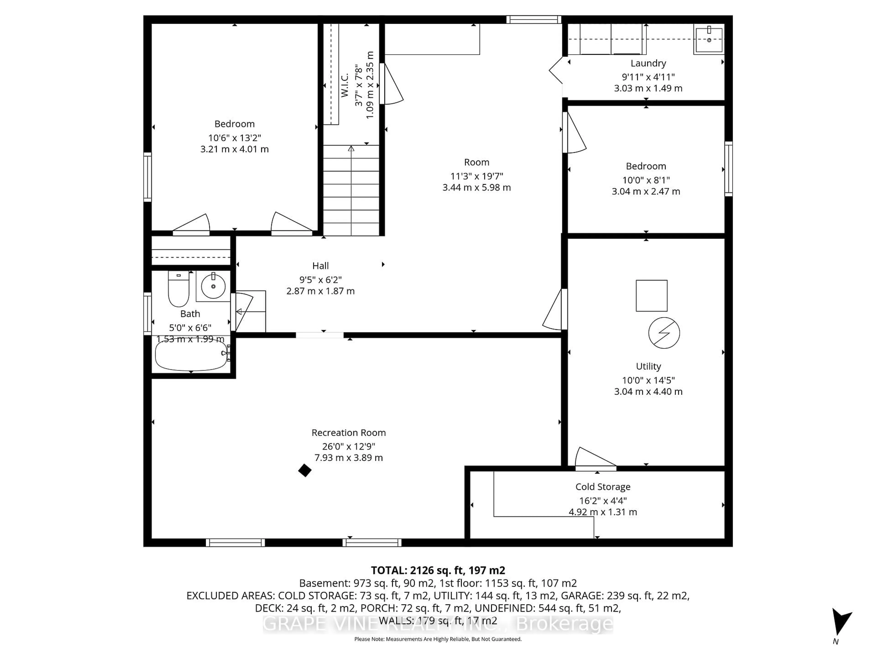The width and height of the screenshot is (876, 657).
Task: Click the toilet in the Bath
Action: (x=179, y=289)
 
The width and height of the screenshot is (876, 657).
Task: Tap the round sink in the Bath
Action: (x=213, y=286)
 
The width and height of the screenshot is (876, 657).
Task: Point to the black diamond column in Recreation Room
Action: (x=305, y=470)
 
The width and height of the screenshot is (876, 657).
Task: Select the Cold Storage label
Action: (x=603, y=487)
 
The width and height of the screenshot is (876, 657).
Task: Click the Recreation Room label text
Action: (x=349, y=433)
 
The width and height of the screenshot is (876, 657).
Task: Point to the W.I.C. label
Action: (x=344, y=85)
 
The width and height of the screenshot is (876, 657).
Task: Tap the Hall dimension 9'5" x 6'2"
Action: (x=320, y=280)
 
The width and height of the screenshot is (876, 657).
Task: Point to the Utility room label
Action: (x=648, y=366)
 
